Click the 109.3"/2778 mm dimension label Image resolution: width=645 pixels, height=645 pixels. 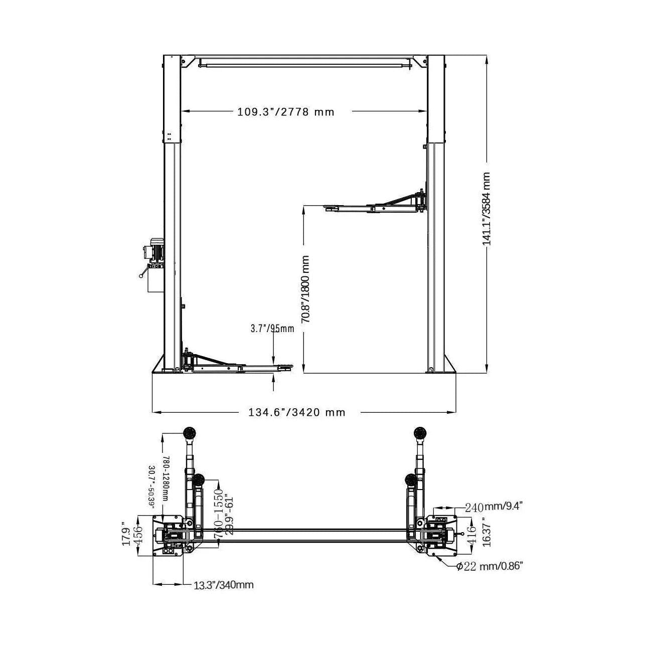click(285, 112)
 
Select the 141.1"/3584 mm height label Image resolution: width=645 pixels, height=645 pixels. click(487, 209)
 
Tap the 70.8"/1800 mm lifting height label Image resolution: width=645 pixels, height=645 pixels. click(305, 289)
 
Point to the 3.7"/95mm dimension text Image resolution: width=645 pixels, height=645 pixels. click(272, 329)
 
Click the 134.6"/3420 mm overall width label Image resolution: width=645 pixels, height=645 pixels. click(297, 413)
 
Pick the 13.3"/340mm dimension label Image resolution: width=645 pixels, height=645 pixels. click(224, 585)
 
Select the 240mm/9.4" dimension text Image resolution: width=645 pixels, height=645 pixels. click(494, 507)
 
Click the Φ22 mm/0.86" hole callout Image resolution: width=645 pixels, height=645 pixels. click(490, 566)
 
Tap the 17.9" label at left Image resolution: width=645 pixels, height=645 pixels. click(126, 535)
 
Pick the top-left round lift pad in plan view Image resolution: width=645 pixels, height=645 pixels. click(190, 432)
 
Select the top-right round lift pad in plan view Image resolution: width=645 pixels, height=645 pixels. click(420, 432)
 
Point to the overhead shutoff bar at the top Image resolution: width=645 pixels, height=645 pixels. click(304, 64)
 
